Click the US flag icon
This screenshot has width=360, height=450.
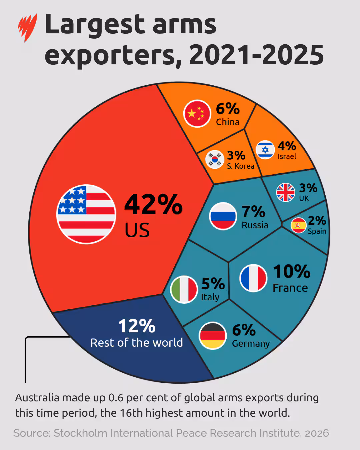pos(86,214)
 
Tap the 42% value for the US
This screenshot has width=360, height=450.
pos(153,204)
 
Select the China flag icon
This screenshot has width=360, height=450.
pos(197,113)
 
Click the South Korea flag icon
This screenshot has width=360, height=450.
pos(214,159)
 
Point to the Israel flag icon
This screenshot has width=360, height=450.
pos(265,150)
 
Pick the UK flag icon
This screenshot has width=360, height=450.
pos(286,192)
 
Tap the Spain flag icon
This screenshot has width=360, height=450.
pos(298,225)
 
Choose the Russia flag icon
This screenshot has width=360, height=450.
pos(223,216)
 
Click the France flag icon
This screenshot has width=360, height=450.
pos(253,278)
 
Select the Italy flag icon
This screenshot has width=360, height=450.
pos(184,289)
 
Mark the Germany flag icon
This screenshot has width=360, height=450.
pos(212,335)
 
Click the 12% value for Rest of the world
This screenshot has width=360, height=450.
pos(137,326)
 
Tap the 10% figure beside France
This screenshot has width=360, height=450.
pos(292,271)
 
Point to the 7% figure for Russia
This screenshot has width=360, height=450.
pos(253,211)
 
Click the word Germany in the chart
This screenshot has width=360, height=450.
pos(251,344)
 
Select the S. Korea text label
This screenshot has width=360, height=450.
pos(240,166)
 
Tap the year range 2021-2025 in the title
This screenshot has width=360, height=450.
pos(256,55)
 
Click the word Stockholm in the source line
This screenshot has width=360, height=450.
pos(80,433)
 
